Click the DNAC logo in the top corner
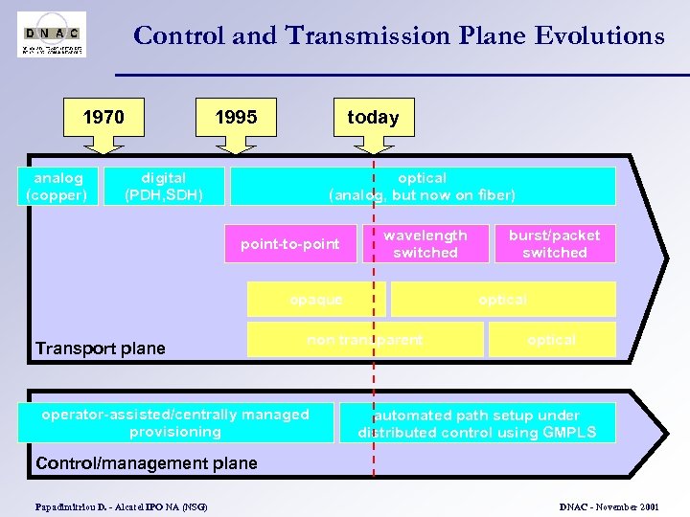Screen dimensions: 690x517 tap(52, 34)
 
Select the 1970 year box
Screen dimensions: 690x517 tap(103, 117)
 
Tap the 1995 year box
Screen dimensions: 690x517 tap(236, 117)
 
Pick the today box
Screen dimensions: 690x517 tap(373, 117)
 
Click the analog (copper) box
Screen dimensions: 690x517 tap(58, 187)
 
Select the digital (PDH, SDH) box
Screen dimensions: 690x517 tap(164, 187)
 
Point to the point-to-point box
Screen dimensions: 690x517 tap(290, 244)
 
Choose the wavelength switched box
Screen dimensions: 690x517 tap(425, 244)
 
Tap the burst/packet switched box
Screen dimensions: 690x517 tap(555, 244)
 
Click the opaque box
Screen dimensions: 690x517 tap(316, 300)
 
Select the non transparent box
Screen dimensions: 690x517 tap(365, 340)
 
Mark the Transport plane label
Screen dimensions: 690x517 tap(101, 348)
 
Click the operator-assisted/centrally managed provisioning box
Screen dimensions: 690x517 tap(175, 423)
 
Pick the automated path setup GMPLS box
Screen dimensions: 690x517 tap(477, 423)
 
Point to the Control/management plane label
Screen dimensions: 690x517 tap(147, 463)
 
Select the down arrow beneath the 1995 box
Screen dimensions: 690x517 tap(236, 145)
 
